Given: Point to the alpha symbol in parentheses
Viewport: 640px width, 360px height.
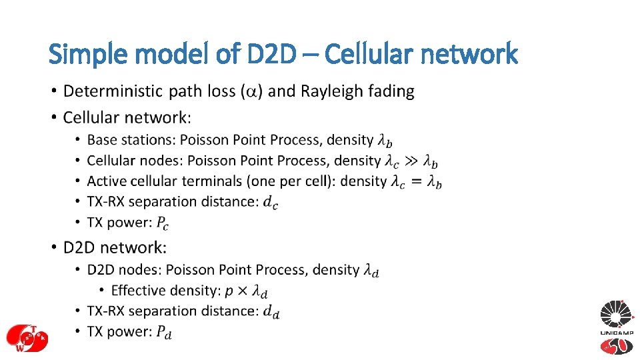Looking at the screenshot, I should (x=252, y=91).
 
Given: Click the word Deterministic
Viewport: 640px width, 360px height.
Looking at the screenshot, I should (x=113, y=91).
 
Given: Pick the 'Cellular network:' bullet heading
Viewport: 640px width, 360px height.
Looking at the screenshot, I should (x=127, y=117).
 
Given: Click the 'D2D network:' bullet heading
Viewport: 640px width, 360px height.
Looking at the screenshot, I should (x=115, y=247).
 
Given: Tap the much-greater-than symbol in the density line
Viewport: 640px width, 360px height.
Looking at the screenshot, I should (x=412, y=161).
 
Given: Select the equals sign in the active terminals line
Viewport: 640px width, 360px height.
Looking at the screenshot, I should (x=416, y=181).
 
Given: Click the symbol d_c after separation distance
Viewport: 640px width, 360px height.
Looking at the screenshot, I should (x=271, y=202).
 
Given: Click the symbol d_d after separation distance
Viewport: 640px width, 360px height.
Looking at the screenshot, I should (x=271, y=311).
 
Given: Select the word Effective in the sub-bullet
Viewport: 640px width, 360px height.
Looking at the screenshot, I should (x=137, y=290).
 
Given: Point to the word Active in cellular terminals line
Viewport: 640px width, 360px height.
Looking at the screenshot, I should (x=105, y=181).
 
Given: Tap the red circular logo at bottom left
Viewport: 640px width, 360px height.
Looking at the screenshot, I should (x=25, y=337).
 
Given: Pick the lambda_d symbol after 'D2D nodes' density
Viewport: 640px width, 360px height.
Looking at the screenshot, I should (x=371, y=270).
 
